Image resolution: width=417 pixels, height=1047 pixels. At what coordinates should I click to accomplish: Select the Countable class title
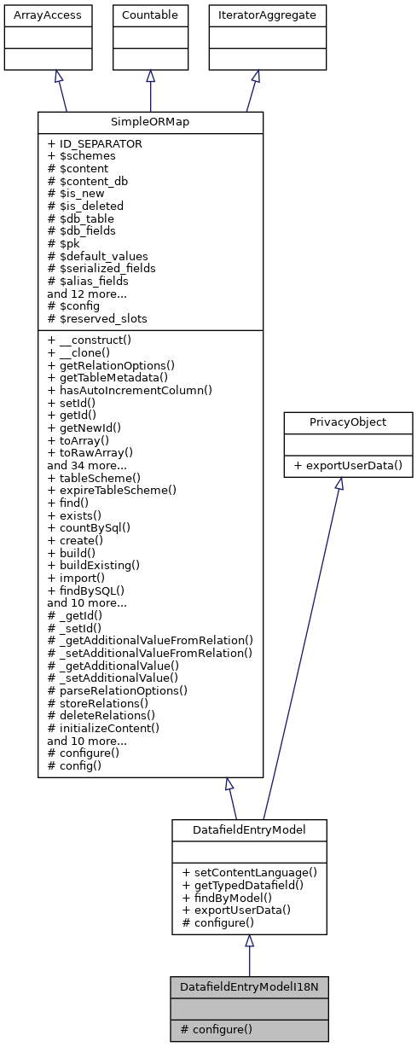(150, 15)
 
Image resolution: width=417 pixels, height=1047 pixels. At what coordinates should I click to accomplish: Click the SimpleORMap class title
(150, 122)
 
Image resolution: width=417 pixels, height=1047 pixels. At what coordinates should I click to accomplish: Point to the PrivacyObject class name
(339, 421)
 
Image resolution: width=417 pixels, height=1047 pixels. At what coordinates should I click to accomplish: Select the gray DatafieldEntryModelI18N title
(249, 986)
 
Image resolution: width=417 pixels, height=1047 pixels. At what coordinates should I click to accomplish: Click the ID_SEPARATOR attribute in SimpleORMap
(95, 144)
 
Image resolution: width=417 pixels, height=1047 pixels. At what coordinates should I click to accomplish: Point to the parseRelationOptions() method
(118, 689)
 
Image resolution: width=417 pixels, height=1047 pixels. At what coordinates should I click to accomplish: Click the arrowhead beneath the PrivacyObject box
(338, 484)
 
